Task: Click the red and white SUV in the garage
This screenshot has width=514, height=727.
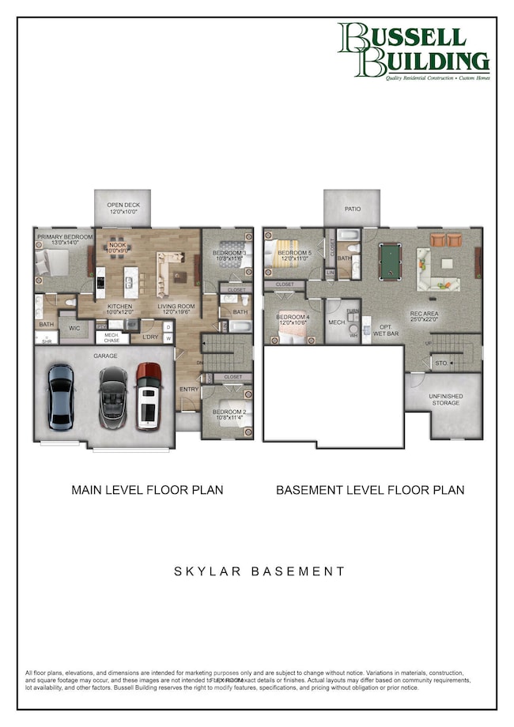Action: [149, 396]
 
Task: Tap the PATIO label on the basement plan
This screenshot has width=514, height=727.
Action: [353, 209]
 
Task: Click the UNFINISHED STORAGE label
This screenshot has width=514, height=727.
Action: [446, 400]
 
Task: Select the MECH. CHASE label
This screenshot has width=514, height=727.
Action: [112, 338]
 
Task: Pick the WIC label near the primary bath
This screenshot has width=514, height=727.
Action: [75, 326]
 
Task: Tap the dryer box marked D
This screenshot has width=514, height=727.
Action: [168, 327]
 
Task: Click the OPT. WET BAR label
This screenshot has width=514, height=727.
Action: [385, 330]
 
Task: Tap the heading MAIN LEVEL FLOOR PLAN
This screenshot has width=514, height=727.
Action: [147, 490]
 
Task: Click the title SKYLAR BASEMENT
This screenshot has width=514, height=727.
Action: [259, 571]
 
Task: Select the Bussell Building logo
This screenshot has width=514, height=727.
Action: [413, 52]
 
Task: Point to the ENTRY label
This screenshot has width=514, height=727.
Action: [188, 389]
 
